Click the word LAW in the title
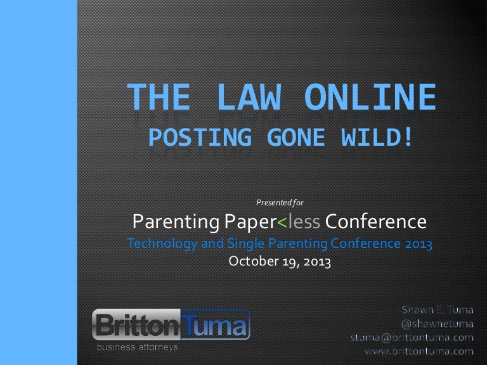249,97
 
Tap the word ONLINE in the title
370,97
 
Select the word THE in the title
159,97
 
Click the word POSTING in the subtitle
200,137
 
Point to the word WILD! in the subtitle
377,137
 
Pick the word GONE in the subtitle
296,137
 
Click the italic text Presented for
280,203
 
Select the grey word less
304,222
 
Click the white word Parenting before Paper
176,222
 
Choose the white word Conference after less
376,222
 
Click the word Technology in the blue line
162,243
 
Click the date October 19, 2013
280,261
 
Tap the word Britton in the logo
137,325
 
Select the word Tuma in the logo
214,325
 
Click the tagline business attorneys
137,347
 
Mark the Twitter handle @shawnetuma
438,324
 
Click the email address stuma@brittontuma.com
412,338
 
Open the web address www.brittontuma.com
419,351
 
